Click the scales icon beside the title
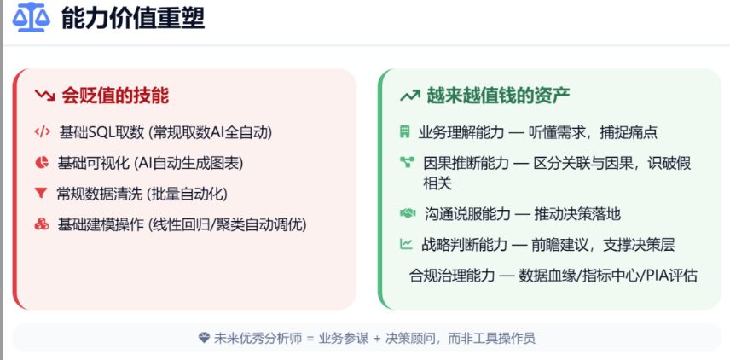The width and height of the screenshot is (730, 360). pyautogui.click(x=31, y=18)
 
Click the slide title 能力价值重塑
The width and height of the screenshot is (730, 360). pyautogui.click(x=133, y=18)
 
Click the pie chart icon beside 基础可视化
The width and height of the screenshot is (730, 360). pyautogui.click(x=41, y=162)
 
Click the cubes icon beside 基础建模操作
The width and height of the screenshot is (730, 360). pyautogui.click(x=41, y=224)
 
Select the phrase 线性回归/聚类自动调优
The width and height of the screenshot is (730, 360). pyautogui.click(x=226, y=224)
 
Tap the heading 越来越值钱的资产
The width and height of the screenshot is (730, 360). pyautogui.click(x=498, y=95)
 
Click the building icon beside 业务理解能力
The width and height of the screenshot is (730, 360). pyautogui.click(x=406, y=132)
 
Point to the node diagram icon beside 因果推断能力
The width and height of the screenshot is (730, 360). pyautogui.click(x=406, y=162)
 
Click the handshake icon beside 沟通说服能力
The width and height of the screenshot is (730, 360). pyautogui.click(x=407, y=212)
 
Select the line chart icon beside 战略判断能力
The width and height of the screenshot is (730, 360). pyautogui.click(x=406, y=244)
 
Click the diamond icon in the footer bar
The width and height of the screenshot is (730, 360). pyautogui.click(x=203, y=338)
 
